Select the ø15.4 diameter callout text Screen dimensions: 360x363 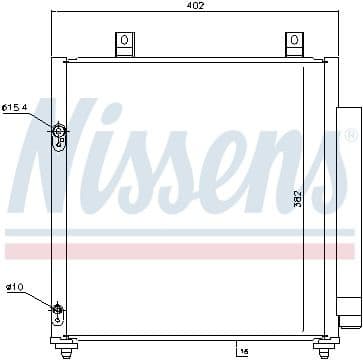17,108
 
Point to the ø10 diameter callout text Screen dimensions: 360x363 14,287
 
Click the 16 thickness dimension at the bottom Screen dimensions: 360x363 243,351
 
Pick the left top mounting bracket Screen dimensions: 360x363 123,44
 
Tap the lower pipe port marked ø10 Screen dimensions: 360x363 58,309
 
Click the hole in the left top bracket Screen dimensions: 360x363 123,41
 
